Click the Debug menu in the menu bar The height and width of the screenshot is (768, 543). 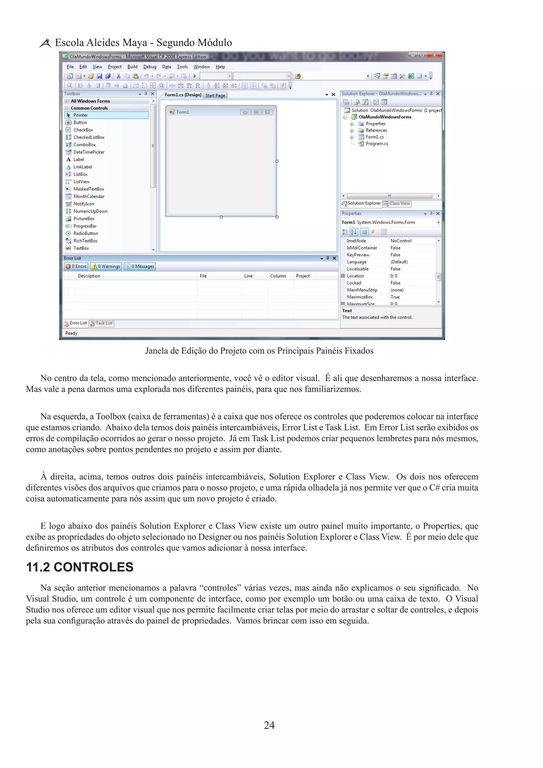(150, 67)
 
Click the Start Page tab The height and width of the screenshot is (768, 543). (215, 95)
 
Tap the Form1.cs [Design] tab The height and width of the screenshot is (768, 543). (183, 95)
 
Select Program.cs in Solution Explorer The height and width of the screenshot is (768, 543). (376, 143)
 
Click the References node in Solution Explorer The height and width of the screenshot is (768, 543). (376, 130)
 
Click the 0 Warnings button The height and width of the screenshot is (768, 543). (106, 266)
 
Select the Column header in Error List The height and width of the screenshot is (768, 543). (278, 276)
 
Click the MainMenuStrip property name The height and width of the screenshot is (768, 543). (362, 290)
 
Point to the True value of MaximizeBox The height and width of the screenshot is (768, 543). (395, 297)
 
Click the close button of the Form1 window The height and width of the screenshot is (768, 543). (267, 112)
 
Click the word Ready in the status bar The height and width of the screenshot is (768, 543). (71, 333)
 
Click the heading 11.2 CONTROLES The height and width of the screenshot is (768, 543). (80, 567)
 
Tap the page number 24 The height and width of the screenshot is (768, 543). (269, 725)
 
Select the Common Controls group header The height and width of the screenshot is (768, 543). (89, 108)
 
